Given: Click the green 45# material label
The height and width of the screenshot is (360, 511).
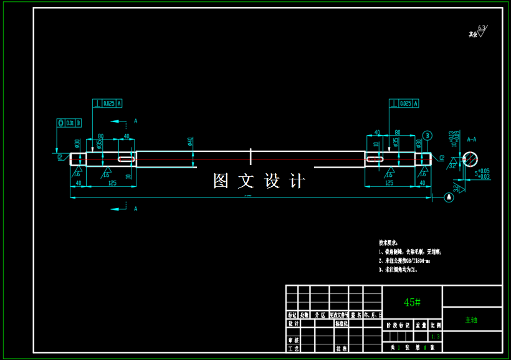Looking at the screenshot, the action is pyautogui.click(x=412, y=302).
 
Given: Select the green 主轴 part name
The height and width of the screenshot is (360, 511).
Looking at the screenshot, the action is pyautogui.click(x=471, y=320).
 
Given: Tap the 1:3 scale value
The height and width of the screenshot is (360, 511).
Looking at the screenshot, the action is pyautogui.click(x=436, y=337).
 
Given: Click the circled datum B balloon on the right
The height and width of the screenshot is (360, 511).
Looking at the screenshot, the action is pyautogui.click(x=427, y=135).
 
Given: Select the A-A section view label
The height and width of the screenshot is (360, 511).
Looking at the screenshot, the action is pyautogui.click(x=471, y=140).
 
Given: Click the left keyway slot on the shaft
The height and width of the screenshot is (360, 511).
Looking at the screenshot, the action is pyautogui.click(x=127, y=159).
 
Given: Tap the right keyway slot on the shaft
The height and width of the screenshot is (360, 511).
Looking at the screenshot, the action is pyautogui.click(x=375, y=159).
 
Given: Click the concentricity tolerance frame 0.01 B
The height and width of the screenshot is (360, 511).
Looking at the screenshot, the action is pyautogui.click(x=69, y=123).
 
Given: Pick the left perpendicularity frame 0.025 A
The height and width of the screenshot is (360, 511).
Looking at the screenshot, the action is pyautogui.click(x=107, y=103).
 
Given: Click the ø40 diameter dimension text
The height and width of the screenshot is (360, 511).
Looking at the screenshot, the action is pyautogui.click(x=189, y=143).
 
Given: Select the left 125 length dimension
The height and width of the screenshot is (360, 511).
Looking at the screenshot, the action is pyautogui.click(x=112, y=183).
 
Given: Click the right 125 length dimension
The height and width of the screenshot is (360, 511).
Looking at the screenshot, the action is pyautogui.click(x=390, y=183).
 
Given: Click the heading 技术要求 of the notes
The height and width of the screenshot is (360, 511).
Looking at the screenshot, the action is pyautogui.click(x=388, y=242).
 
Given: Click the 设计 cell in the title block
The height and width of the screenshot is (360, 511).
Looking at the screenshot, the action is pyautogui.click(x=293, y=324).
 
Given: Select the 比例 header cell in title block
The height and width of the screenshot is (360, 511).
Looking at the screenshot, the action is pyautogui.click(x=436, y=324).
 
